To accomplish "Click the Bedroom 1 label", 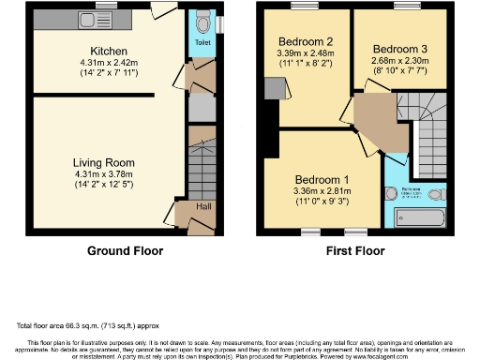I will coord(322,180).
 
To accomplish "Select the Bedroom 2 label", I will coord(305,42).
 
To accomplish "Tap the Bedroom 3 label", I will coord(399,49).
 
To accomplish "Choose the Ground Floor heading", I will coord(125,251).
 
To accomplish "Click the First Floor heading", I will coord(357,251).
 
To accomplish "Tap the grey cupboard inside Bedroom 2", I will coord(273,87).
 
